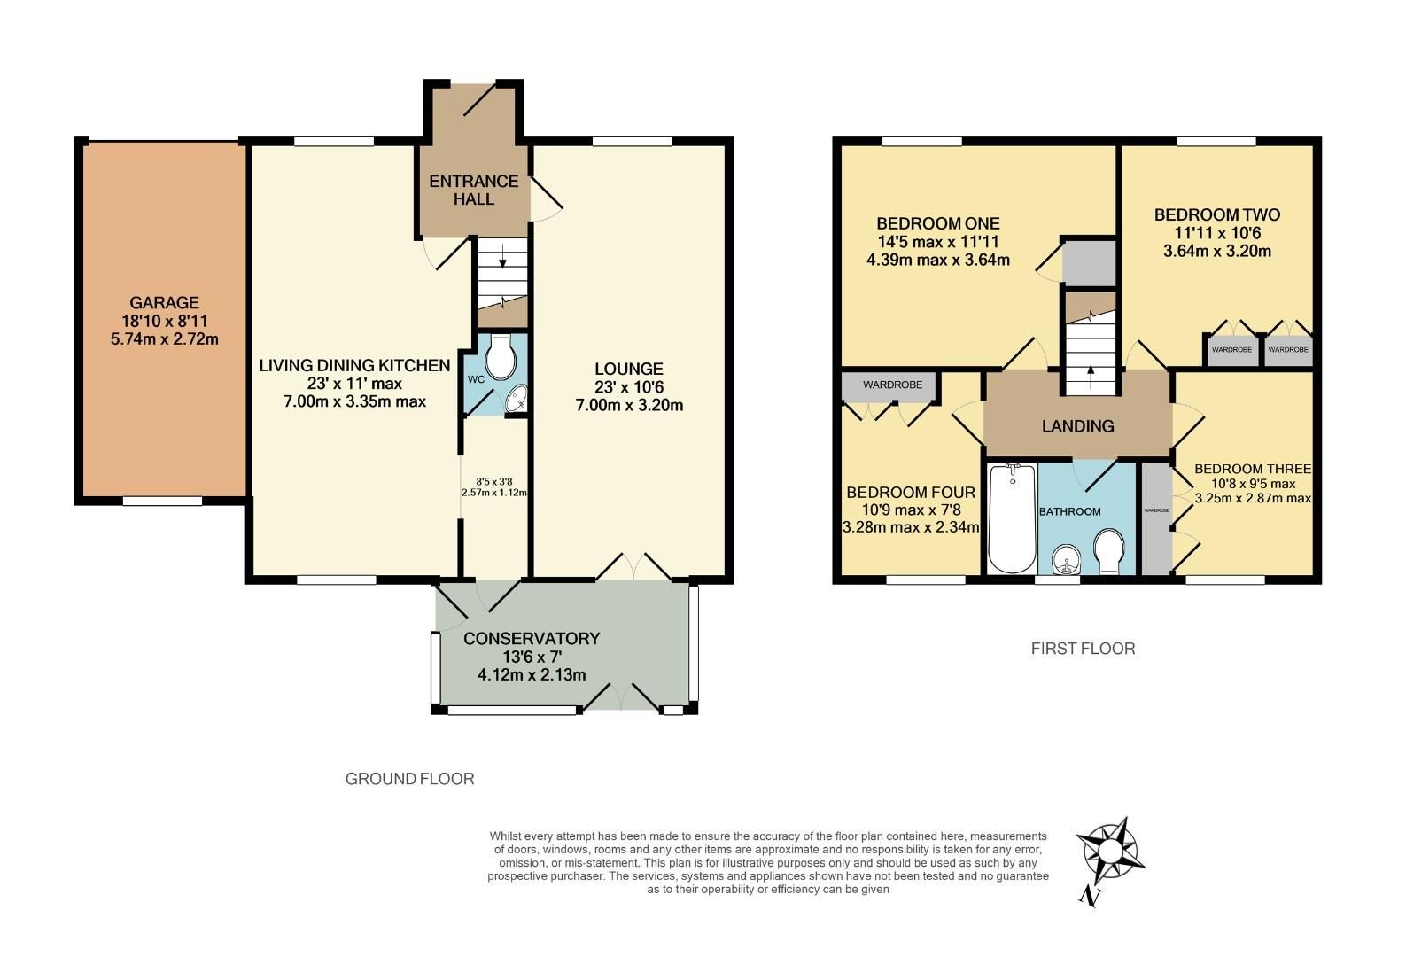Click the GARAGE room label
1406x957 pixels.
tap(164, 303)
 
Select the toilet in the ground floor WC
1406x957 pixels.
tap(502, 356)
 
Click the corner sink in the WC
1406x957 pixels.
tap(516, 401)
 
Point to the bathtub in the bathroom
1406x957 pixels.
tap(1012, 519)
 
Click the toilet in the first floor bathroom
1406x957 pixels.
tap(1109, 551)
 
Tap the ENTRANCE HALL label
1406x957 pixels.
tap(473, 190)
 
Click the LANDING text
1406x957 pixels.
tap(1077, 426)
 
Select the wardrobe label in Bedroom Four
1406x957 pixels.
tap(892, 385)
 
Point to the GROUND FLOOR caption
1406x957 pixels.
tap(409, 779)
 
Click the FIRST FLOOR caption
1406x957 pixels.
tap(1083, 649)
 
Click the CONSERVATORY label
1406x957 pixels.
tap(532, 638)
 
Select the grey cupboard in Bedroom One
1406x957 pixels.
tap(1089, 262)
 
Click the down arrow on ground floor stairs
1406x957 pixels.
tap(502, 259)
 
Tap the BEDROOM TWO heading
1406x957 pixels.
tap(1216, 215)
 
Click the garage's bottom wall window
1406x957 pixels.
tap(162, 502)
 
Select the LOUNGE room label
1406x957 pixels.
tap(628, 369)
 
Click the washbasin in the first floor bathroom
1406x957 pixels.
tap(1065, 558)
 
